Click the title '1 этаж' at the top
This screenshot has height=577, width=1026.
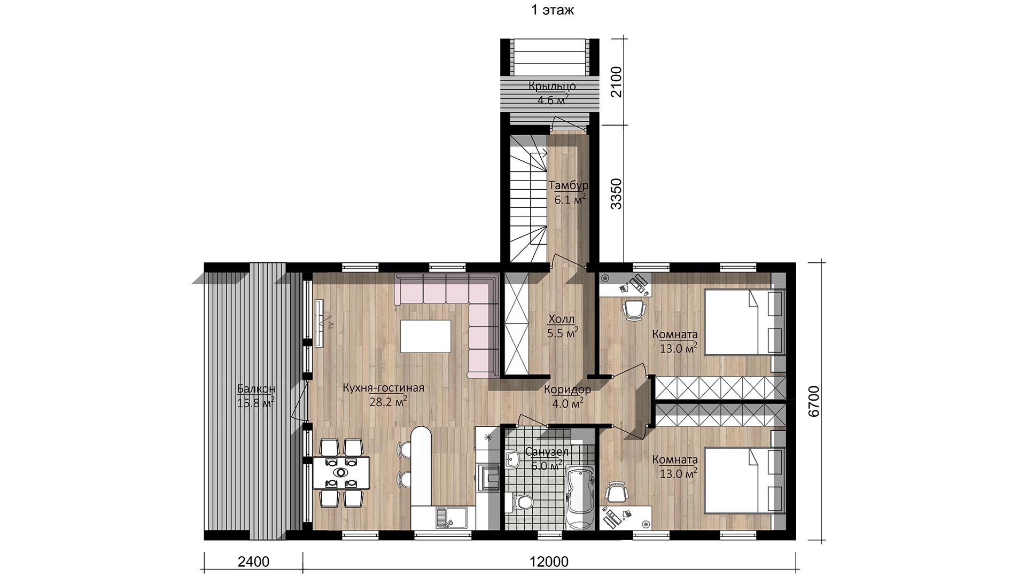coord(553,10)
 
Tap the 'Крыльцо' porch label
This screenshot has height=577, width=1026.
coord(552,86)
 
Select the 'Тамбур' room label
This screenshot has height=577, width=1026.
coord(569,185)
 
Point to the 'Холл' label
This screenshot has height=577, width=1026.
coord(561,319)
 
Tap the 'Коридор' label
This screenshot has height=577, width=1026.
coord(568,389)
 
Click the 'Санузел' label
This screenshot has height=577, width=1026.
coord(547,452)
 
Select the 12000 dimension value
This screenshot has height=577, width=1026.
coord(549,562)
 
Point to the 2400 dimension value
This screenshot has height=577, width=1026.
coord(253,562)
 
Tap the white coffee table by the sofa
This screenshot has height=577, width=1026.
coord(425,336)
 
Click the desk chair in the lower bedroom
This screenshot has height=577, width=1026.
coord(616,492)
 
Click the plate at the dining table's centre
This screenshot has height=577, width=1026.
coord(340,472)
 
